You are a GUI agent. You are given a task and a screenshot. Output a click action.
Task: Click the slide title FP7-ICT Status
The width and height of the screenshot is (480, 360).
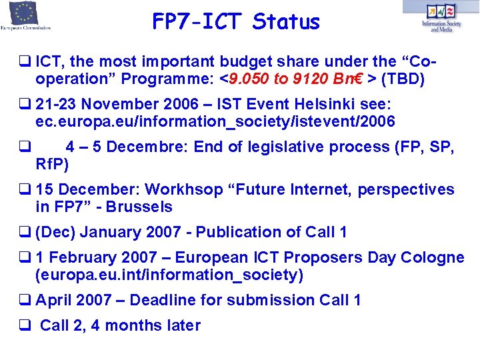click(236, 22)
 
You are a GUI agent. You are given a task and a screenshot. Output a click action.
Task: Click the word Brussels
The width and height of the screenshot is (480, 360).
click(137, 207)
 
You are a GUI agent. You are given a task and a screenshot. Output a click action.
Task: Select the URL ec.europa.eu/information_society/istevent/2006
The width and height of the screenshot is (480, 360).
click(215, 122)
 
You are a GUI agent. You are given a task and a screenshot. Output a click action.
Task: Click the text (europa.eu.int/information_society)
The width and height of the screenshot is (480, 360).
click(169, 275)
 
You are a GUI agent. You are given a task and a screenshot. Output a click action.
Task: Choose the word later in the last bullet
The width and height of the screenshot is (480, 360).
click(182, 326)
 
